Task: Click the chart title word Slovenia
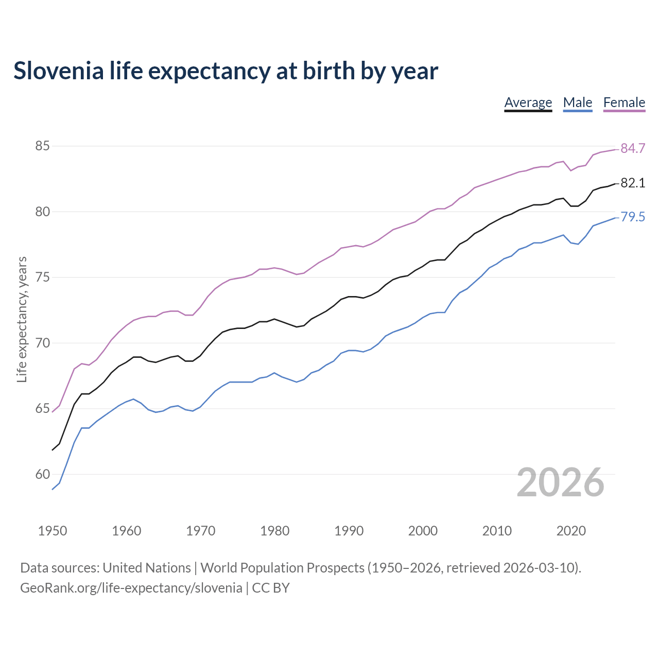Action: [58, 71]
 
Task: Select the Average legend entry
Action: [528, 102]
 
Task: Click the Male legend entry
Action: [578, 102]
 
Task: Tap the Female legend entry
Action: [624, 102]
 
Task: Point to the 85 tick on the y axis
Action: [42, 146]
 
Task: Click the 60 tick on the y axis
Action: [42, 474]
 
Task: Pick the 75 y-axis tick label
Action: [42, 278]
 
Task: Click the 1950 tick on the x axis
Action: [53, 531]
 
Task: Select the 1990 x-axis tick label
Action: [349, 531]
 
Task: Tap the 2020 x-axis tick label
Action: [571, 531]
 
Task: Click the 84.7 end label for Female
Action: [633, 149]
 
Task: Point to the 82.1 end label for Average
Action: [633, 183]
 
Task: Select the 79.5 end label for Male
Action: [633, 217]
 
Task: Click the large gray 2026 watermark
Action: [560, 482]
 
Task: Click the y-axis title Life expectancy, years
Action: [22, 319]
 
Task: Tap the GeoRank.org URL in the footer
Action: [131, 588]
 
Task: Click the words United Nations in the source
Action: [147, 568]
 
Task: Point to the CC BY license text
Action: [271, 588]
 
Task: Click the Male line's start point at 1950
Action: [53, 489]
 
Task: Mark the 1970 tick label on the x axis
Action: [201, 531]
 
